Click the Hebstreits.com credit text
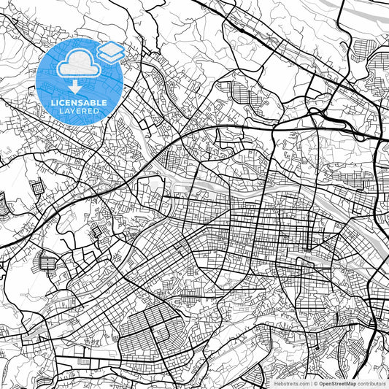tap(291, 382)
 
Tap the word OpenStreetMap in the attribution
tap(338, 382)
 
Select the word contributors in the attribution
tap(371, 382)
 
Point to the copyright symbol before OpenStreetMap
tap(317, 382)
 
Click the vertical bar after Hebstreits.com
tap(312, 382)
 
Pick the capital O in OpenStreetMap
tap(322, 382)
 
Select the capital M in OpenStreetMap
tap(349, 382)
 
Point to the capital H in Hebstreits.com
tap(275, 382)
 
